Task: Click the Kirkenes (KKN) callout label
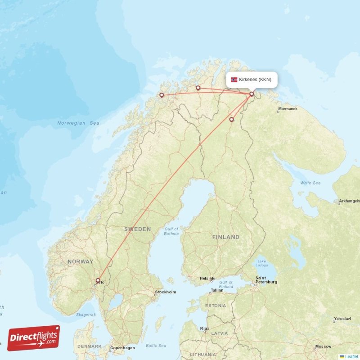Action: click(255, 80)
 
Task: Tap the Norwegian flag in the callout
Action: click(234, 80)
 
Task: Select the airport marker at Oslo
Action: click(98, 280)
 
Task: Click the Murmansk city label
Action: click(288, 109)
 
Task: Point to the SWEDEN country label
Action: click(138, 229)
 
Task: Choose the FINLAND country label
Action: click(226, 237)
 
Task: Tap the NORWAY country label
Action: click(81, 261)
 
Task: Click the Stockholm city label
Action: click(165, 292)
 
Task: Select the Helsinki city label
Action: click(207, 278)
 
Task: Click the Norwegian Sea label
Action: click(78, 123)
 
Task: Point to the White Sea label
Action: click(310, 183)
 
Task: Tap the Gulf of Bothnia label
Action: click(171, 231)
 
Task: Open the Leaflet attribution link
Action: click(351, 356)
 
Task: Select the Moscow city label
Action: click(324, 346)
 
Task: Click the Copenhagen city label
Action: click(123, 348)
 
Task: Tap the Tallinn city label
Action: click(217, 290)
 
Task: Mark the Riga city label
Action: click(205, 328)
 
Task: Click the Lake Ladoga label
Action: click(262, 263)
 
